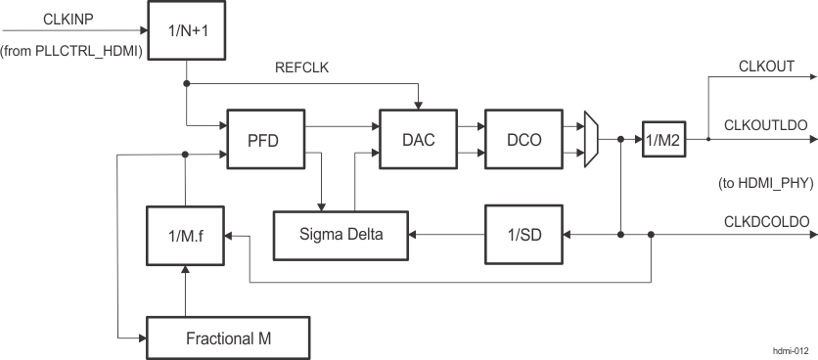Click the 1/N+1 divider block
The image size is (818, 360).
(x=185, y=28)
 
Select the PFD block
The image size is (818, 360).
(x=264, y=140)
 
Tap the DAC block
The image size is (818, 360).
(x=418, y=140)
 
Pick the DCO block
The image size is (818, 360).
(x=521, y=140)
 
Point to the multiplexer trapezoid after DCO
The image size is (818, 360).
(x=590, y=139)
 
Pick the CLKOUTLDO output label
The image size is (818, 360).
(x=765, y=125)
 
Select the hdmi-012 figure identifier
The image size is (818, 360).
(x=788, y=348)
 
